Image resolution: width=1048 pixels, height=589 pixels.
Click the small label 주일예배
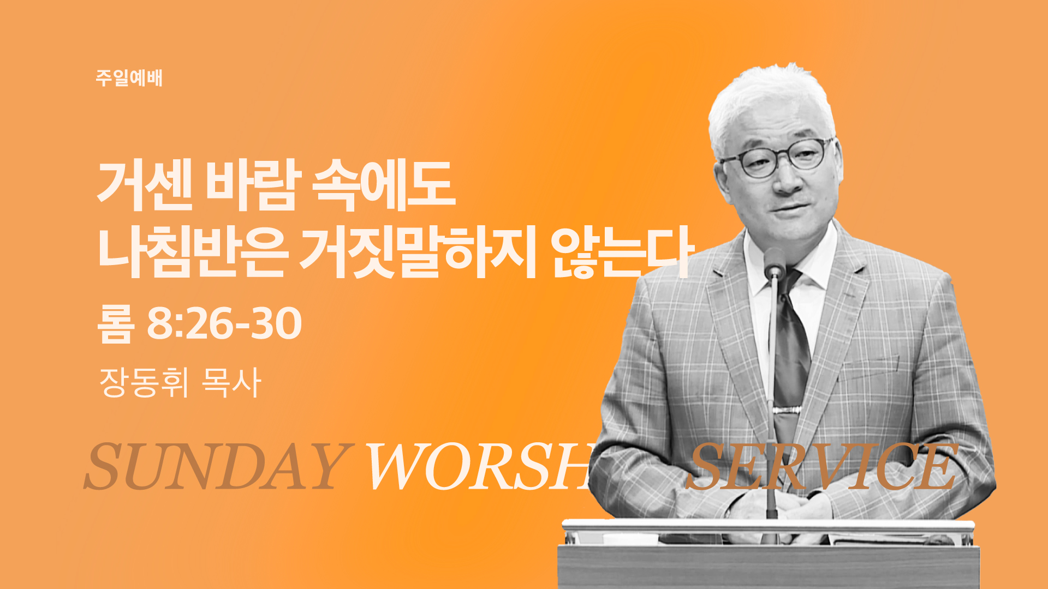(x=129, y=78)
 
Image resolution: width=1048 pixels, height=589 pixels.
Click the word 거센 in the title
(x=145, y=184)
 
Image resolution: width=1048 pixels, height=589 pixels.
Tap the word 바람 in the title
(x=253, y=184)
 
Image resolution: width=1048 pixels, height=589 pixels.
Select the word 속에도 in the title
(x=384, y=184)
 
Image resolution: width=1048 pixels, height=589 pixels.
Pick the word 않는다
(x=622, y=252)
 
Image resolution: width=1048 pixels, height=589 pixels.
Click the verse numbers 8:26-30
(x=224, y=323)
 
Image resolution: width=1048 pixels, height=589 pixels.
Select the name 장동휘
(x=144, y=382)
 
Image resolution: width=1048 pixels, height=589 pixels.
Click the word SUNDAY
(x=217, y=466)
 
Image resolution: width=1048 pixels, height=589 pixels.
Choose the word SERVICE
(x=821, y=466)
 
